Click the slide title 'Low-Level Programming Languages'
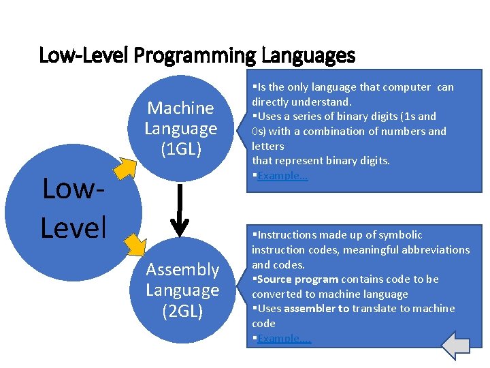(x=197, y=55)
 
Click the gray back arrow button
(x=456, y=345)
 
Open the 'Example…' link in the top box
(x=282, y=176)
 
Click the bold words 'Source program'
(x=298, y=279)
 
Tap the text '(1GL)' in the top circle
(x=181, y=149)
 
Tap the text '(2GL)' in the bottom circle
(x=182, y=311)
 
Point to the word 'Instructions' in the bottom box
(x=289, y=235)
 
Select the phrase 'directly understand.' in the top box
(x=301, y=102)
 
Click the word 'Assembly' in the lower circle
(x=182, y=270)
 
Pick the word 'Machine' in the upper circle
(x=181, y=108)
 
